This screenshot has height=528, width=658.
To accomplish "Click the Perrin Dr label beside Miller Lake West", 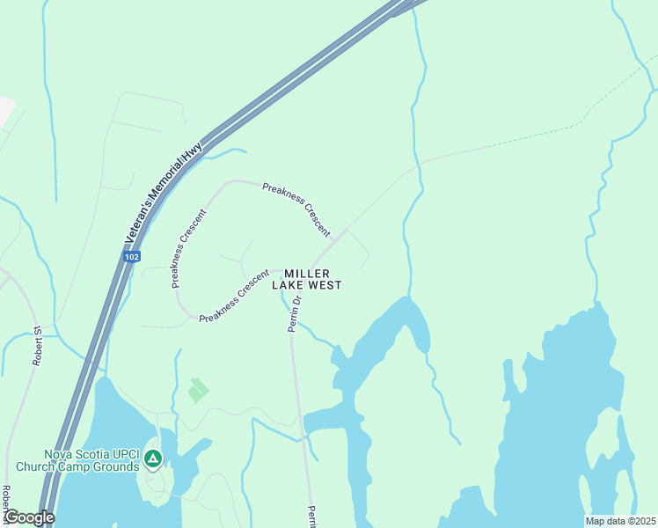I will (x=296, y=313).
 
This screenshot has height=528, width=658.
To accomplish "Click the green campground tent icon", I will (x=153, y=458).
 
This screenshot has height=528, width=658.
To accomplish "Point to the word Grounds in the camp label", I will (x=115, y=467).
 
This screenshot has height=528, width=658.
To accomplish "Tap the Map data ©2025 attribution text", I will (x=620, y=521).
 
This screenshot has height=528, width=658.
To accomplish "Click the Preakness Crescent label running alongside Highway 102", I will (x=189, y=248).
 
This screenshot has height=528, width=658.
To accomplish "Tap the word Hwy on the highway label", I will (x=194, y=152).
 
